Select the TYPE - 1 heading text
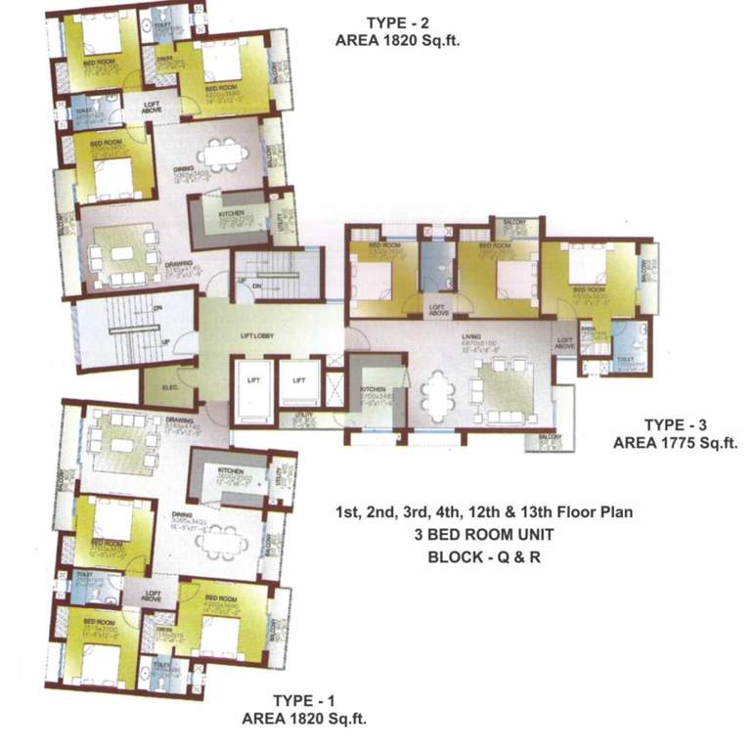pyautogui.click(x=304, y=700)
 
